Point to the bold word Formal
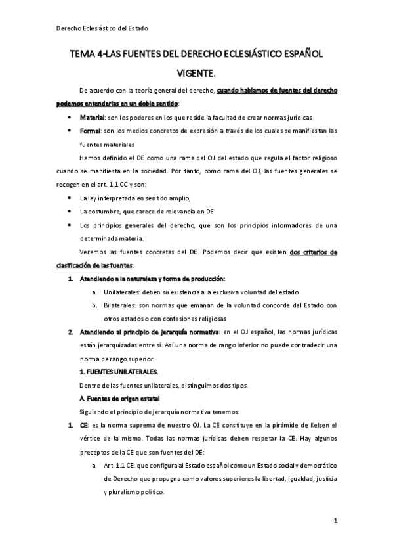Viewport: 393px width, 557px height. click(x=91, y=131)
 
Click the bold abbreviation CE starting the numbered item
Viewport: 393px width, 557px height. click(x=83, y=426)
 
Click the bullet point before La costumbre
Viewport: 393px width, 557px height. click(x=70, y=211)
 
